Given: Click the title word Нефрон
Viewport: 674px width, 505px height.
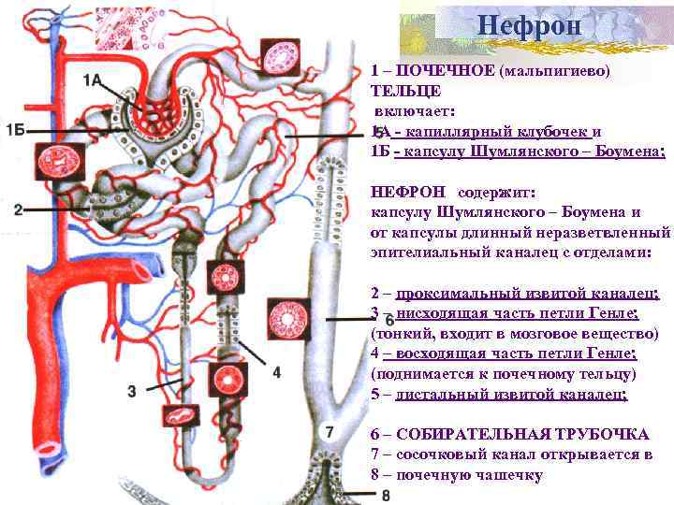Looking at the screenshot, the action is click(x=529, y=24).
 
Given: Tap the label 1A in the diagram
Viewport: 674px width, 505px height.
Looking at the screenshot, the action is click(x=93, y=80).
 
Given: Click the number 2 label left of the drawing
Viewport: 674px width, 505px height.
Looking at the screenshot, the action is click(x=18, y=209).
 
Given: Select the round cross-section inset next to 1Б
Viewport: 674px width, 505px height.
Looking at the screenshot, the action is click(x=54, y=163).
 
